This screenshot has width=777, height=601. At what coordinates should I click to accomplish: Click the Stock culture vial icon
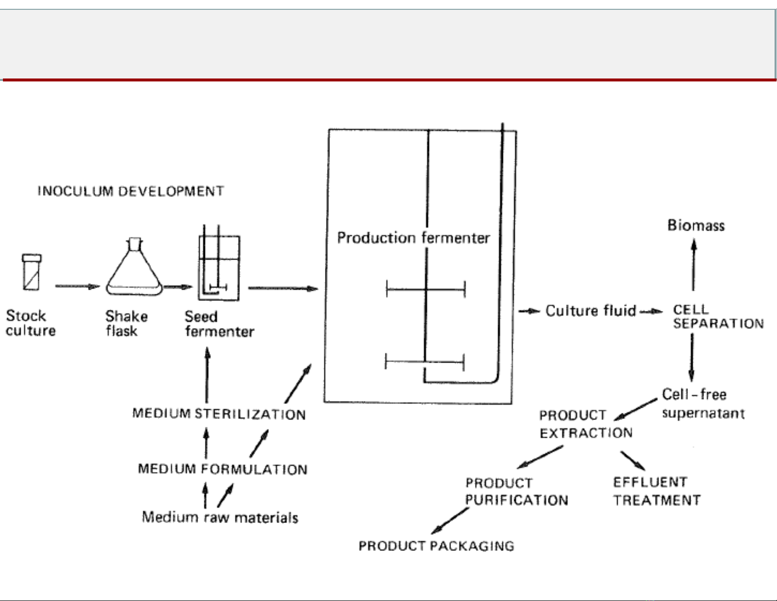[32, 272]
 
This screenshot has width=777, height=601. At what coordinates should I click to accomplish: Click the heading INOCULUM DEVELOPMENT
[131, 191]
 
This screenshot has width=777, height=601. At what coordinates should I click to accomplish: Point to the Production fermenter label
[413, 238]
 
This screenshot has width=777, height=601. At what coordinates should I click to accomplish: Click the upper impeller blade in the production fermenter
[426, 289]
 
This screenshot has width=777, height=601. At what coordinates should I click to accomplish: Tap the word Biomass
[696, 226]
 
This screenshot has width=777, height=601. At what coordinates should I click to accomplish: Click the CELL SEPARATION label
[718, 316]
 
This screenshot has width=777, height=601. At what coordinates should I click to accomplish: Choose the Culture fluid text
[591, 311]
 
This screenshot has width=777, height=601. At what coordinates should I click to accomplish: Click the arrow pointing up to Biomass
[693, 265]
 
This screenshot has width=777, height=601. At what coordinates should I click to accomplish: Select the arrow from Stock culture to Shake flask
[77, 286]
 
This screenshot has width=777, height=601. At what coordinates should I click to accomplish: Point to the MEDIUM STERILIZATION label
[219, 414]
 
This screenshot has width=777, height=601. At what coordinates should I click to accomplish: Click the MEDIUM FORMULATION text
[223, 469]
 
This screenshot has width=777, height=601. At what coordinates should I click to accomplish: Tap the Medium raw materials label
[220, 517]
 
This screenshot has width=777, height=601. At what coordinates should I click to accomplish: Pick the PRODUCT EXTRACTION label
[586, 424]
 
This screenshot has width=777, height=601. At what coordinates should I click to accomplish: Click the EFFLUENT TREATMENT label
[656, 491]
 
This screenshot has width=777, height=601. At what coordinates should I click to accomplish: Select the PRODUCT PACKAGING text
[436, 546]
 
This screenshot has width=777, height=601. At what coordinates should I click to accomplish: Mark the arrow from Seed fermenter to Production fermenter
[283, 288]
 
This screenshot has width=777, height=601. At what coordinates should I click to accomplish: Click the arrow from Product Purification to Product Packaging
[450, 521]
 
